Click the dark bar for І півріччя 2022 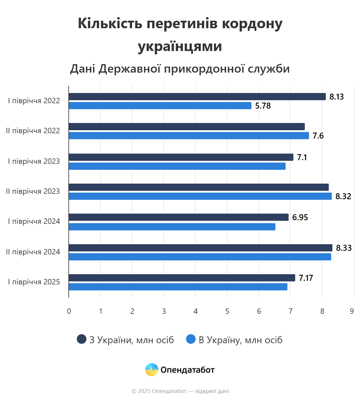[x=197, y=97]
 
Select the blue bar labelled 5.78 [x=160, y=106]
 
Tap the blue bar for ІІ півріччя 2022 [x=189, y=136]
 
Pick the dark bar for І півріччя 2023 [x=181, y=157]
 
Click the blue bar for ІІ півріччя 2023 [x=200, y=196]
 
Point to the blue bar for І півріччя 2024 [x=172, y=227]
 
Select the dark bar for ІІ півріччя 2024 [x=200, y=248]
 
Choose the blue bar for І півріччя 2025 [x=178, y=287]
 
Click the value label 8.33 [x=343, y=248]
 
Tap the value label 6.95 [x=300, y=217]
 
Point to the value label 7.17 [x=306, y=278]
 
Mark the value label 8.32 [x=343, y=196]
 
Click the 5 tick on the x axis [x=227, y=311]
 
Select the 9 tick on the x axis [x=352, y=311]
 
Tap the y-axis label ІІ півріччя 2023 [x=33, y=191]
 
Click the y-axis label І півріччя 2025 [x=34, y=282]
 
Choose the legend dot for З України [x=82, y=339]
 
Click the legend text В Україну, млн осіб [x=240, y=340]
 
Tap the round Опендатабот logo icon [x=152, y=370]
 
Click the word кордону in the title [x=252, y=23]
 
